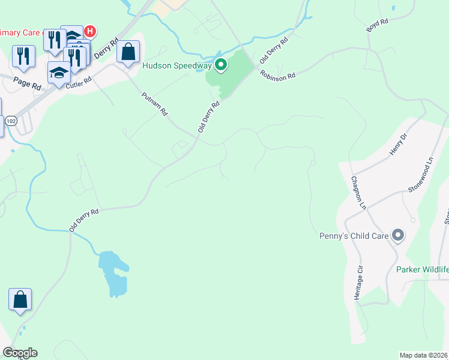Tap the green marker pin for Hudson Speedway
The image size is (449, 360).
click(221, 65)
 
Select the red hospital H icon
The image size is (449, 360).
click(90, 31)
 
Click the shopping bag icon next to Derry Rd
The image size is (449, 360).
click(128, 52)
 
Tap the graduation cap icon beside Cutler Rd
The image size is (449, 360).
click(59, 73)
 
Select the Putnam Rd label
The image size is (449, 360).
click(154, 104)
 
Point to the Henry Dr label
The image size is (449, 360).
click(399, 145)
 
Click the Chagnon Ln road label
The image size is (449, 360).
click(358, 192)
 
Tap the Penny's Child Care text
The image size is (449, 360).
click(354, 236)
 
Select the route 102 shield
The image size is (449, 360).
click(10, 121)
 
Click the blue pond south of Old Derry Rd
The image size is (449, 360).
click(113, 273)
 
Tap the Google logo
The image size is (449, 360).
click(20, 353)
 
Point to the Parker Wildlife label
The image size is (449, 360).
click(422, 269)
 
